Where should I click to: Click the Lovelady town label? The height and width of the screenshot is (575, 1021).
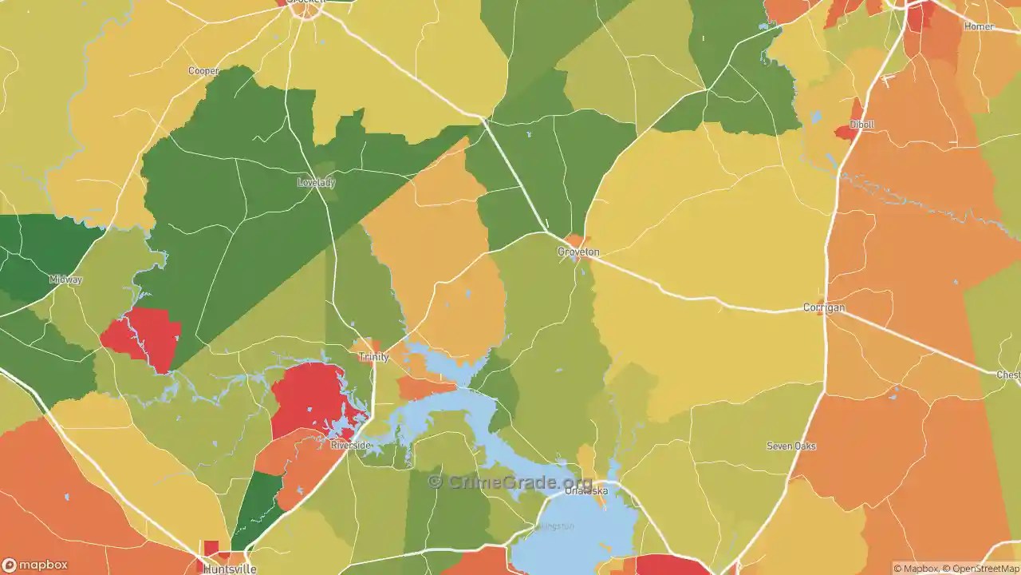pos(316,182)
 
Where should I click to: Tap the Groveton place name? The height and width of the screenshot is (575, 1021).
pos(578,252)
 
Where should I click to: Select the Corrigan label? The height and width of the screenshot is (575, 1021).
pos(824,307)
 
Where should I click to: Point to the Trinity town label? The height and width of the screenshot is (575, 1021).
pos(374,357)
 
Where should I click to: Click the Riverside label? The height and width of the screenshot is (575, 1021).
pos(351,445)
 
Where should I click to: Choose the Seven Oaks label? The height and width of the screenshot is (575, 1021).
pos(791,446)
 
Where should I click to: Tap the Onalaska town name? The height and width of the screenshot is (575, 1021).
pos(586,491)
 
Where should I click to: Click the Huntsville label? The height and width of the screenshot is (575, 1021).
pos(230,569)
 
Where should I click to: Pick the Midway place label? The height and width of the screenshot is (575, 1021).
pos(65,280)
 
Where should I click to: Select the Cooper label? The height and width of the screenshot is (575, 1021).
pos(203,71)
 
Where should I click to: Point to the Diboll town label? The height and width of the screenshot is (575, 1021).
pos(861,125)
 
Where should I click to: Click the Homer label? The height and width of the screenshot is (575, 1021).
pos(979,26)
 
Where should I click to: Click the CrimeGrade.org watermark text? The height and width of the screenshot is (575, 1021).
pos(510,482)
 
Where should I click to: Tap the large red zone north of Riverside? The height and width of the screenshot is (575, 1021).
pos(311,395)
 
